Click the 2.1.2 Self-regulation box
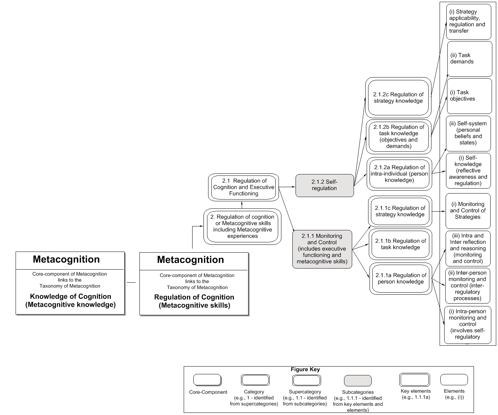tap(325, 185)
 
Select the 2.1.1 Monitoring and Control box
tap(322, 249)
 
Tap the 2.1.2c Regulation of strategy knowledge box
tap(398, 98)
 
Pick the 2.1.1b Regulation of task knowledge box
tap(400, 244)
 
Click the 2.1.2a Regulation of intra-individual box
tap(399, 174)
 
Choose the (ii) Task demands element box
tap(470, 59)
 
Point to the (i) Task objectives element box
tap(469, 96)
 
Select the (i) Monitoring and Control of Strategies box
tap(468, 211)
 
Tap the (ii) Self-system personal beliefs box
tap(468, 133)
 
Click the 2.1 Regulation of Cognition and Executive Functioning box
tap(244, 187)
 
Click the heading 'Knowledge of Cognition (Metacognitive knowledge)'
tap(70, 300)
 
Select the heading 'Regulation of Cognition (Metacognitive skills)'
tap(194, 301)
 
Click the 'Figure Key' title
tap(305, 369)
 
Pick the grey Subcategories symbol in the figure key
tap(358, 381)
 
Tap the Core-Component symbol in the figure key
tap(207, 380)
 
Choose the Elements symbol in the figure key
tap(454, 380)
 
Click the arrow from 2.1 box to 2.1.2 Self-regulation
tap(287, 186)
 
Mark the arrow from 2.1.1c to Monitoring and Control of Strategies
tap(439, 211)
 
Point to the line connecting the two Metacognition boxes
tap(131, 282)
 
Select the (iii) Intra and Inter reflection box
tap(468, 248)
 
